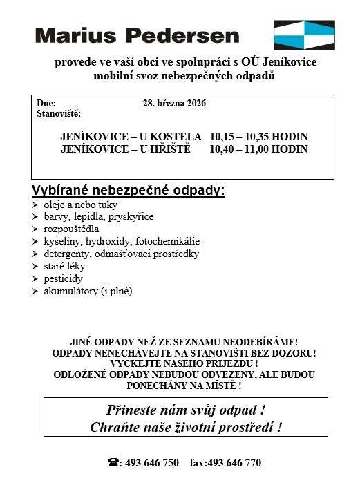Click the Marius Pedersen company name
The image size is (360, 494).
pyautogui.click(x=137, y=35)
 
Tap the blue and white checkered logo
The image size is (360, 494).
pyautogui.click(x=303, y=36)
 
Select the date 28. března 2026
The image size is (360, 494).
pyautogui.click(x=174, y=103)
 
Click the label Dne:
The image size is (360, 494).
pyautogui.click(x=46, y=103)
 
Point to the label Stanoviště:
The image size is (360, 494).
pyautogui.click(x=58, y=113)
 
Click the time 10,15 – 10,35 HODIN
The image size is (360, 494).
pyautogui.click(x=258, y=137)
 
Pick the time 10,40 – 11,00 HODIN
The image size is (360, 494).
pyautogui.click(x=258, y=149)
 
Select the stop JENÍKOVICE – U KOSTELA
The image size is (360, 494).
pyautogui.click(x=131, y=137)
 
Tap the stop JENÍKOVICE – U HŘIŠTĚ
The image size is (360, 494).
pyautogui.click(x=124, y=149)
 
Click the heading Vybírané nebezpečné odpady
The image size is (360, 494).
pyautogui.click(x=129, y=191)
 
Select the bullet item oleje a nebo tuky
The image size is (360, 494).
pyautogui.click(x=80, y=205)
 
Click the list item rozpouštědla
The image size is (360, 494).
pyautogui.click(x=71, y=229)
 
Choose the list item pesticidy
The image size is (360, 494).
pyautogui.click(x=63, y=278)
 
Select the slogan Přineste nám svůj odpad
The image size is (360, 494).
pyautogui.click(x=185, y=408)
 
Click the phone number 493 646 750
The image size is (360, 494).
pyautogui.click(x=151, y=463)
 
